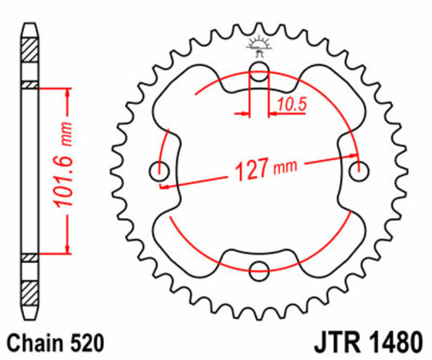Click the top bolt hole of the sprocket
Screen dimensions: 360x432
point(259,76)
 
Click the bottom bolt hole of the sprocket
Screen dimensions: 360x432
point(259,271)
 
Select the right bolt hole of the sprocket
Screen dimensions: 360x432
point(359,169)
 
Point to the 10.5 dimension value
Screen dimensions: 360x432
point(291,102)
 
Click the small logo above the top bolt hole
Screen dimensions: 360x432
point(259,46)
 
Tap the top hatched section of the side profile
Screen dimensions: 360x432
point(29,60)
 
